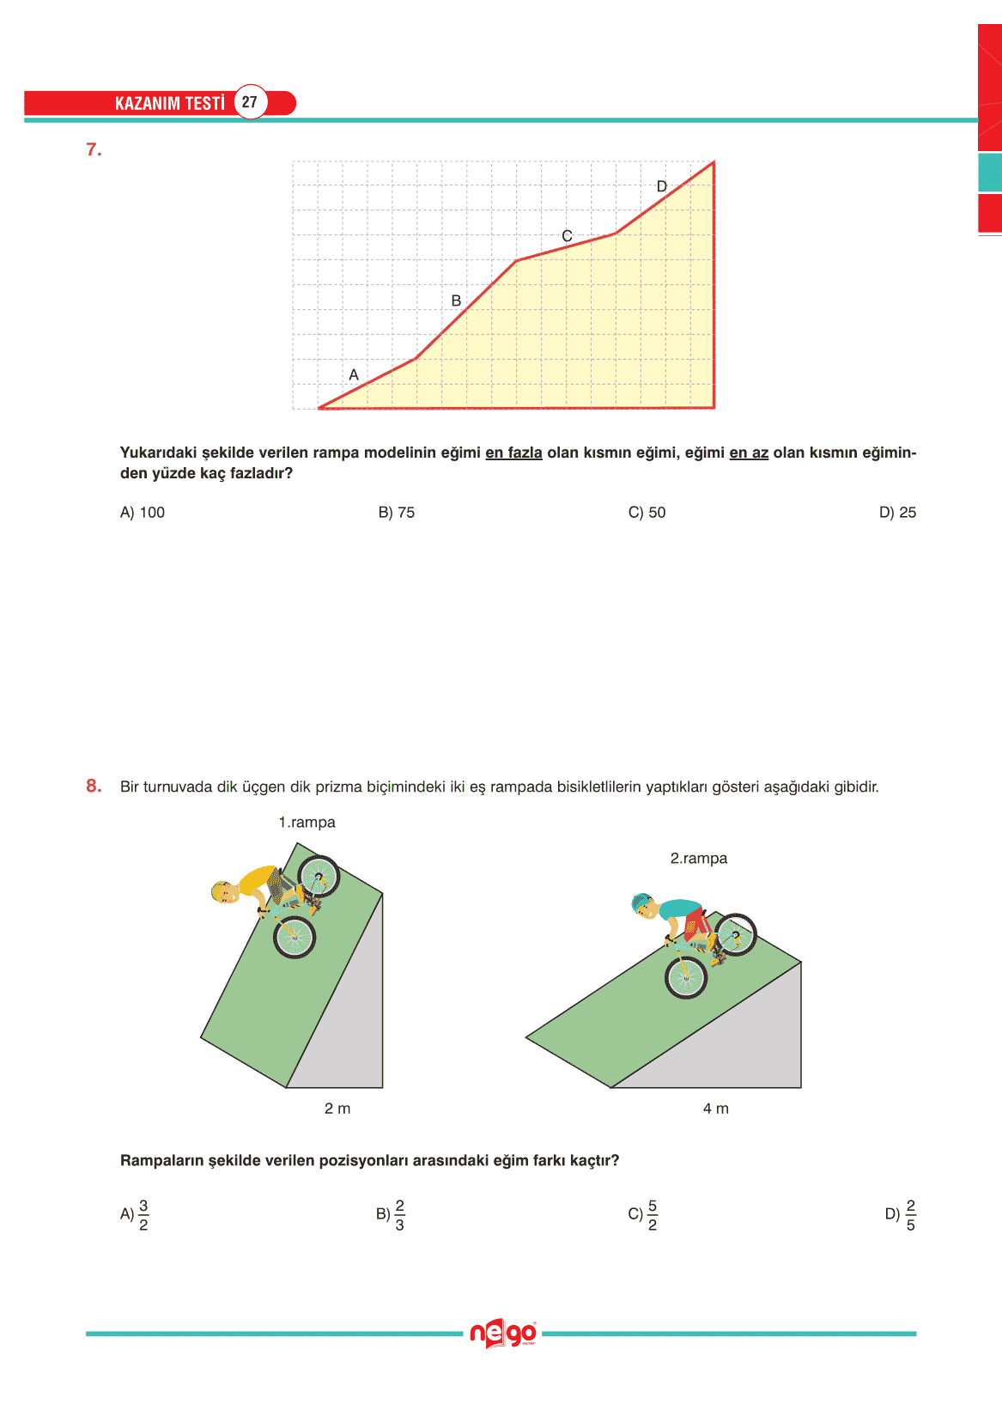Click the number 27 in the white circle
(249, 102)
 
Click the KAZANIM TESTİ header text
(169, 103)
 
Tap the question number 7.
(94, 149)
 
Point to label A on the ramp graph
(354, 375)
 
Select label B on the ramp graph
(456, 301)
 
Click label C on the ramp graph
(567, 236)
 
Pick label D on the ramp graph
(661, 186)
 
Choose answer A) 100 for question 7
(143, 513)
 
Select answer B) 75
(397, 513)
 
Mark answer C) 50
(647, 513)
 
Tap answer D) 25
(897, 513)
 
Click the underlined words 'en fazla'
(513, 453)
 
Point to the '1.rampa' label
(307, 823)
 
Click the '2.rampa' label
(698, 859)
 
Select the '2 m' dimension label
(337, 1109)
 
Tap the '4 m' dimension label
(716, 1109)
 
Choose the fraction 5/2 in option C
(653, 1215)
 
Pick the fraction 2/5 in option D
(910, 1215)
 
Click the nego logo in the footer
(502, 1334)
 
